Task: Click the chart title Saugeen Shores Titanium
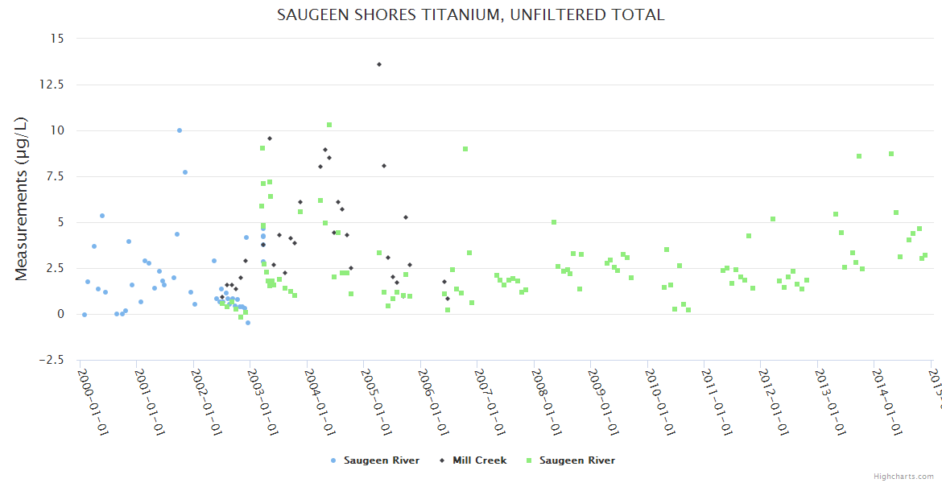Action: tap(470, 14)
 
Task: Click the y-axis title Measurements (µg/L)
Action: tap(22, 199)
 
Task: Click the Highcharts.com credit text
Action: tap(903, 476)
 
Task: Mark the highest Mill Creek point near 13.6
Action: tap(379, 64)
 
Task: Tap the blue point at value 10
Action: tap(180, 130)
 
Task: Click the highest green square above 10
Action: tap(329, 125)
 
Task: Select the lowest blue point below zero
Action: tap(248, 323)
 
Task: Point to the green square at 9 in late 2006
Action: tap(465, 149)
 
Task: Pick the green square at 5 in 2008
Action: tap(554, 222)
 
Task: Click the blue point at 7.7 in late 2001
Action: tap(185, 172)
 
